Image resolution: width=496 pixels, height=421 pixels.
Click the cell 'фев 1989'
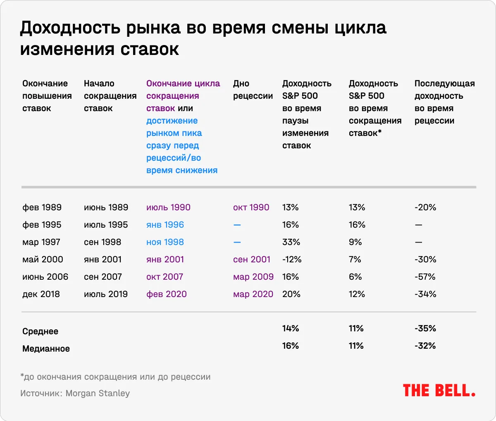[42, 207]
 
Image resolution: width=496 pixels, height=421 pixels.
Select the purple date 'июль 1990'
[168, 207]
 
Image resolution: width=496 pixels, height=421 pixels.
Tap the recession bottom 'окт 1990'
[251, 207]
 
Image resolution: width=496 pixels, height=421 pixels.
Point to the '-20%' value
[425, 207]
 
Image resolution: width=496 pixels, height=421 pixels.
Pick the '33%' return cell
[291, 242]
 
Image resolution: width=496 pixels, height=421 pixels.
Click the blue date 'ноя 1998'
[165, 242]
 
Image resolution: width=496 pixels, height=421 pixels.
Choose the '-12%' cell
[292, 259]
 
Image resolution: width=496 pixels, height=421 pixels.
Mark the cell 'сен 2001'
[251, 259]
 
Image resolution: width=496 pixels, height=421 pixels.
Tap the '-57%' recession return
[425, 277]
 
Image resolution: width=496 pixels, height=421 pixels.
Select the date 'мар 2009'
[253, 277]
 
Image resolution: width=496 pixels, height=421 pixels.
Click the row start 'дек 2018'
[41, 294]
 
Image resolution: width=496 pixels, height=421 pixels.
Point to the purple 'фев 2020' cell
[167, 294]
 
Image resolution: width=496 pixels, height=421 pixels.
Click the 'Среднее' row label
[40, 331]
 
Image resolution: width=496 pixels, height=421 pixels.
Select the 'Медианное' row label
[46, 349]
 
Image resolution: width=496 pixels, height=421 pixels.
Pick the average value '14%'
[291, 328]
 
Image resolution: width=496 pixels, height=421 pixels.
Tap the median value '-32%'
[425, 346]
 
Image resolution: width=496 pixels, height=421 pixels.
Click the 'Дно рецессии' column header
[253, 90]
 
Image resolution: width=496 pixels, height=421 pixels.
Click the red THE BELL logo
[439, 390]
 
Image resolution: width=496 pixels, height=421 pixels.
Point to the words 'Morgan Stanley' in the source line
[98, 393]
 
